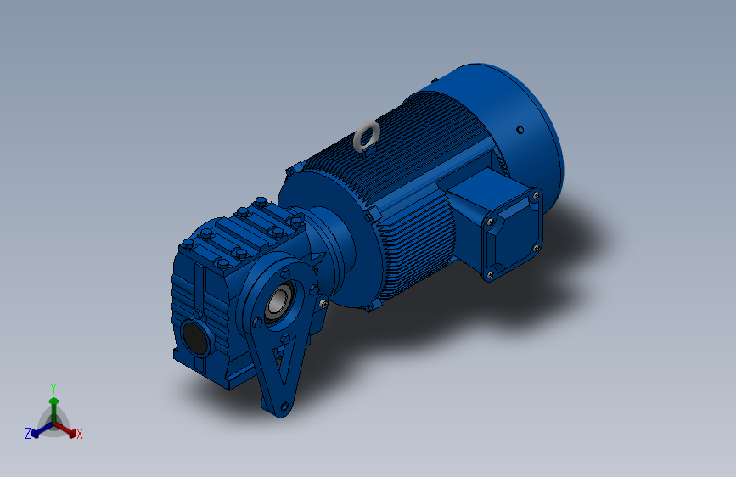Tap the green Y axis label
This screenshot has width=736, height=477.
click(x=53, y=388)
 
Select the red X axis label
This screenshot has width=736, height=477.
click(x=79, y=435)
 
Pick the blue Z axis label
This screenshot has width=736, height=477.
click(x=28, y=434)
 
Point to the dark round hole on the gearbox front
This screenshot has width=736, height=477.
click(x=195, y=338)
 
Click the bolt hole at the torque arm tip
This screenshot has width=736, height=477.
click(x=284, y=406)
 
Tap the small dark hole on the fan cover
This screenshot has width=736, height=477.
click(x=520, y=130)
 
